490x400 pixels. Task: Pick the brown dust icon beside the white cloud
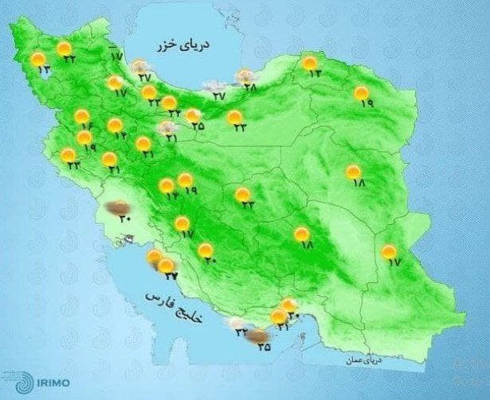click(257, 336)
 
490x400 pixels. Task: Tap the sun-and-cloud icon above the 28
click(245, 76)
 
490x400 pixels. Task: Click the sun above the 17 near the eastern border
click(389, 252)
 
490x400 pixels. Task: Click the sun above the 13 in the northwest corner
click(37, 58)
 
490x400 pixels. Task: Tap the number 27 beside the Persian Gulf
click(171, 275)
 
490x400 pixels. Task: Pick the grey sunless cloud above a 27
click(214, 83)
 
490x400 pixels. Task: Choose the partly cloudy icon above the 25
click(192, 116)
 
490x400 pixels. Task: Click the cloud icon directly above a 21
click(167, 127)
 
